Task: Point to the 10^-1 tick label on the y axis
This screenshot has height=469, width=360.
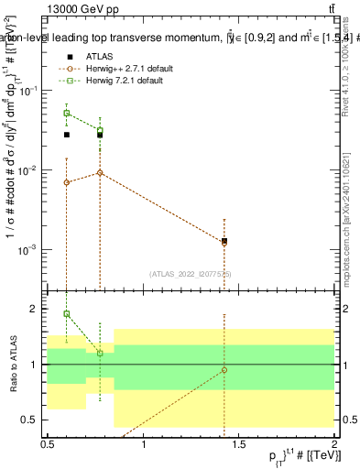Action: pos(30,90)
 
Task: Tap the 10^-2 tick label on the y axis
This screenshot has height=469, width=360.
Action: pos(30,170)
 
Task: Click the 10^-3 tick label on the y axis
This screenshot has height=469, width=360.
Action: pos(30,251)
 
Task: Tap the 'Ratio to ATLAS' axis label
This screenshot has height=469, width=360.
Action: pos(14,365)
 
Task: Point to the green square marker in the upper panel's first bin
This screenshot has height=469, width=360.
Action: pos(66,114)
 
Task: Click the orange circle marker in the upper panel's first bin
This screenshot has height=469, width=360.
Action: pos(66,182)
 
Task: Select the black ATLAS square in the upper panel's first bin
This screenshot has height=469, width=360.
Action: pos(66,135)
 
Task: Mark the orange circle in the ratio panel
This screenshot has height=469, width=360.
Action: pos(224,370)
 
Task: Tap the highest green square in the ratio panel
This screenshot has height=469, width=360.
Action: pos(66,314)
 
